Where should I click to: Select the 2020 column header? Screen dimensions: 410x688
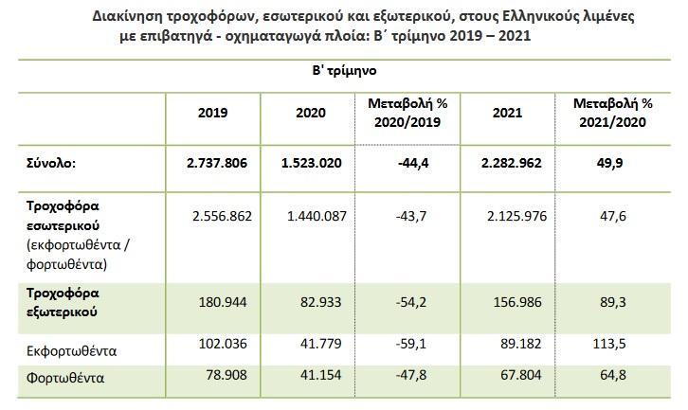point(309,113)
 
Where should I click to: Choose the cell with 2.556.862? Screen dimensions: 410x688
point(221,216)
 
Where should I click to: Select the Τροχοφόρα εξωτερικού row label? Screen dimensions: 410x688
point(63,302)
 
